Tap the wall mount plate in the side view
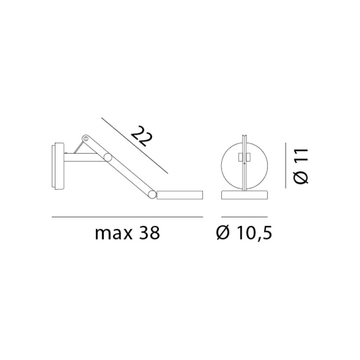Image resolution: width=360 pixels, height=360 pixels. (57, 166)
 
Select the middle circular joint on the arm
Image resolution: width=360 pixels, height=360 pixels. (108, 157)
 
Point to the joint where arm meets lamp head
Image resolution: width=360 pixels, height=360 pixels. (153, 195)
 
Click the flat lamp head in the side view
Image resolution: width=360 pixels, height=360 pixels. (180, 195)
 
